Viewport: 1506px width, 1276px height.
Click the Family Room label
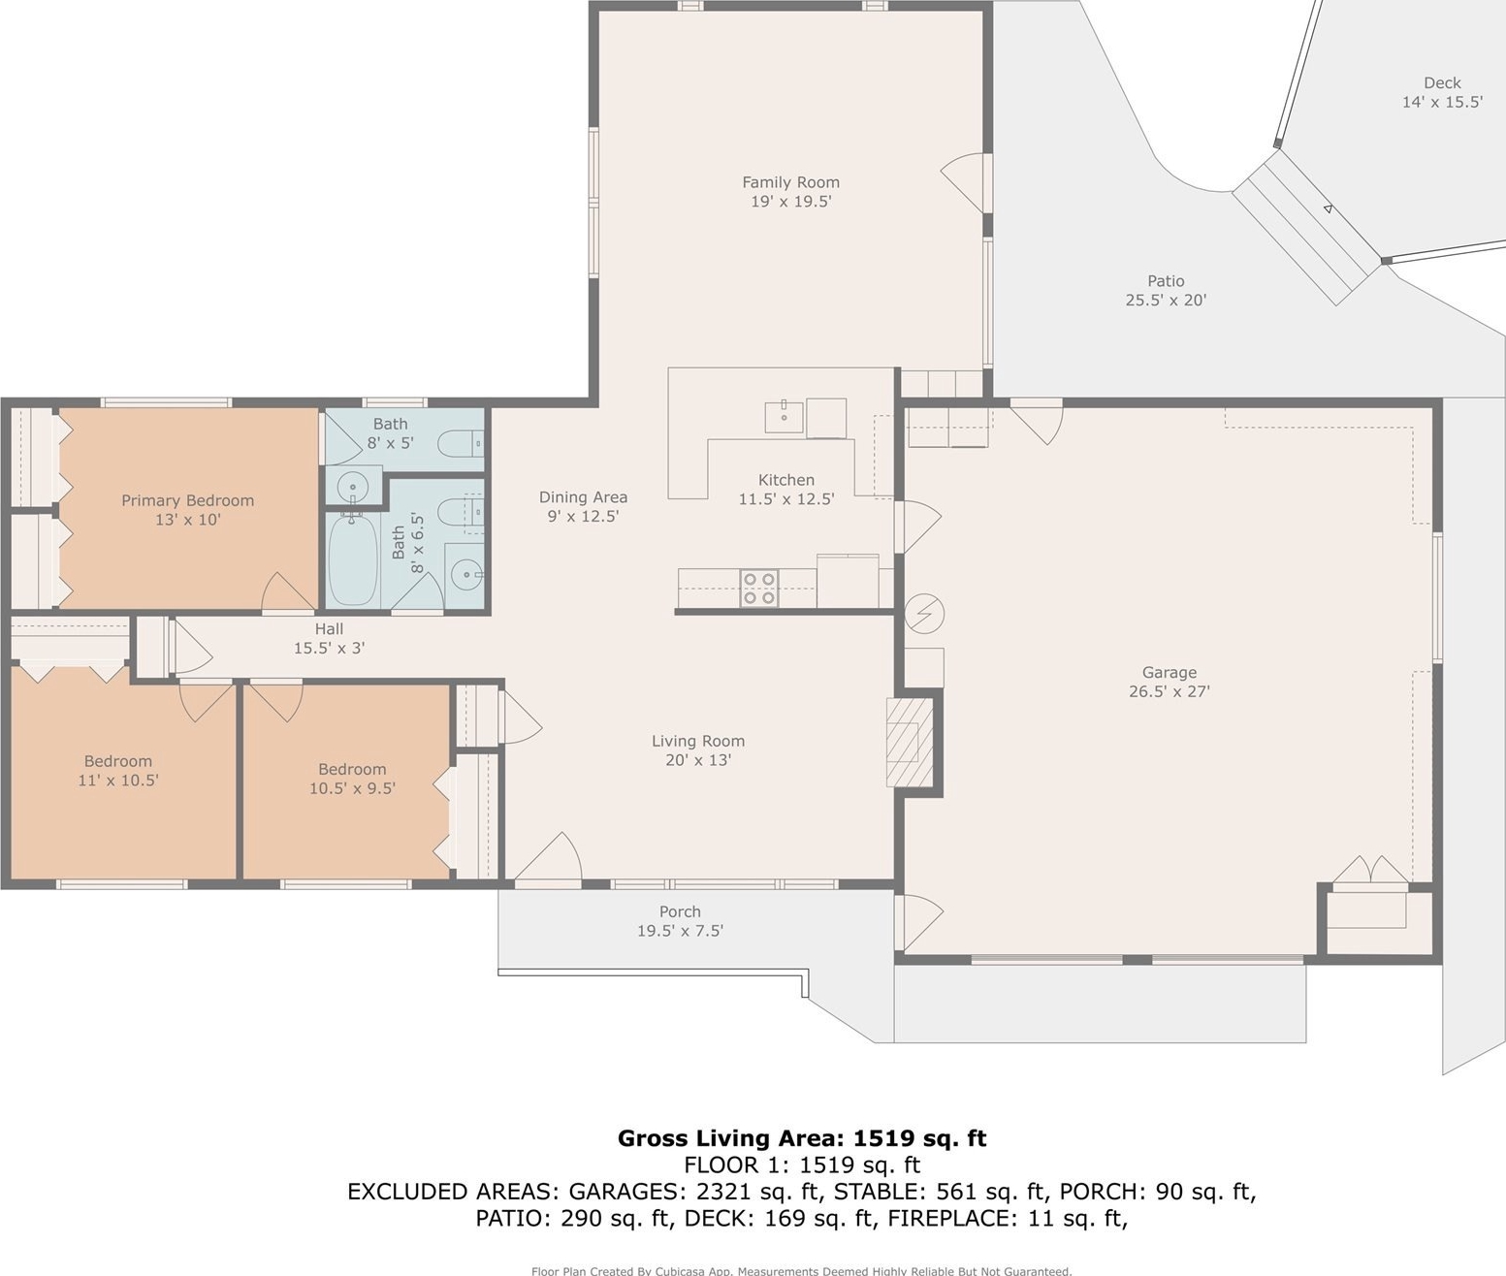coord(790,182)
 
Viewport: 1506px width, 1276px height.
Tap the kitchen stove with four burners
coord(759,588)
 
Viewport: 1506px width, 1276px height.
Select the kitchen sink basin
coord(784,417)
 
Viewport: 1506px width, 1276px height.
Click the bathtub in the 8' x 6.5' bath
coord(353,558)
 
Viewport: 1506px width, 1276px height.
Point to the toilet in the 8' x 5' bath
coord(462,443)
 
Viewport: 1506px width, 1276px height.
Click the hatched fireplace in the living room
coord(910,742)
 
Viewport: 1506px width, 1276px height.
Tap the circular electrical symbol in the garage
coord(924,614)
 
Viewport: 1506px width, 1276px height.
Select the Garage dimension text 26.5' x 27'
coord(1170,691)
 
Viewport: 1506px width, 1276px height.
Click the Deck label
coord(1442,83)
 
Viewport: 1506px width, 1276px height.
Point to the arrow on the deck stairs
coord(1328,209)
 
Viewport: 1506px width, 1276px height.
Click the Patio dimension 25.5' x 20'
coord(1166,300)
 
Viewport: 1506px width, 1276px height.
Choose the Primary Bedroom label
coord(187,500)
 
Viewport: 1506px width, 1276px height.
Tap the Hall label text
coord(330,628)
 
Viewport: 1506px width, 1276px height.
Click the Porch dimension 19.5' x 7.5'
coord(680,931)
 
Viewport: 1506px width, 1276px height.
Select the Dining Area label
coord(583,496)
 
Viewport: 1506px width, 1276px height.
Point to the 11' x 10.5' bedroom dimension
coord(118,780)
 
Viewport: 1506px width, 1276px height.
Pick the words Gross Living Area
coord(730,1137)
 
